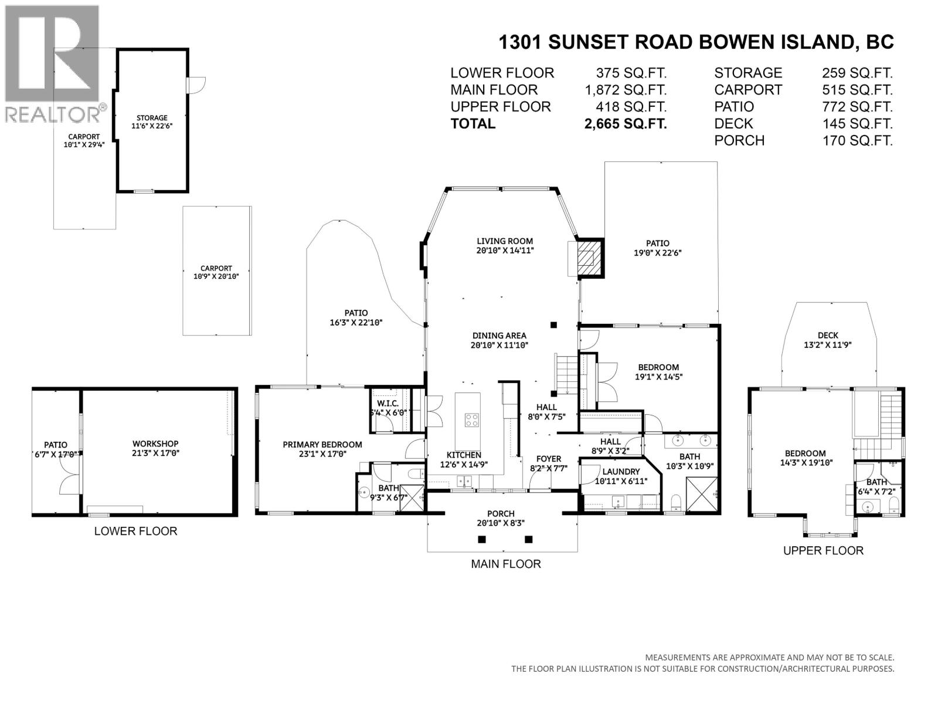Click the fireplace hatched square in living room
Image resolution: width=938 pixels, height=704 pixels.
pyautogui.click(x=590, y=257)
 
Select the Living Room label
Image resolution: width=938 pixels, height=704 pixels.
pyautogui.click(x=504, y=241)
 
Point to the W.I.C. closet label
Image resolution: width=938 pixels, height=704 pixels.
pyautogui.click(x=388, y=404)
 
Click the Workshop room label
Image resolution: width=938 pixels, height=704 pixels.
pyautogui.click(x=155, y=444)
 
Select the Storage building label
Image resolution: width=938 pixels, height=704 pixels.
pyautogui.click(x=152, y=118)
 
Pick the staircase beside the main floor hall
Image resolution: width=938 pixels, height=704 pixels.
pyautogui.click(x=567, y=374)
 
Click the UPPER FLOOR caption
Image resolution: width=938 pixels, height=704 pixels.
pyautogui.click(x=823, y=551)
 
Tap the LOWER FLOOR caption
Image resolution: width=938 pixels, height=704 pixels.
pyautogui.click(x=135, y=532)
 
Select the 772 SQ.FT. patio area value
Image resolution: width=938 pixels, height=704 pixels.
pyautogui.click(x=857, y=107)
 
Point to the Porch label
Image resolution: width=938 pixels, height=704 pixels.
pyautogui.click(x=501, y=514)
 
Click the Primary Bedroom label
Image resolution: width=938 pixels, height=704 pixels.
pyautogui.click(x=322, y=445)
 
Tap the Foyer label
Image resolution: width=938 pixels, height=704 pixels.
pyautogui.click(x=549, y=459)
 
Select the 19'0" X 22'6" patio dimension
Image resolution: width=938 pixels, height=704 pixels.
pyautogui.click(x=657, y=253)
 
